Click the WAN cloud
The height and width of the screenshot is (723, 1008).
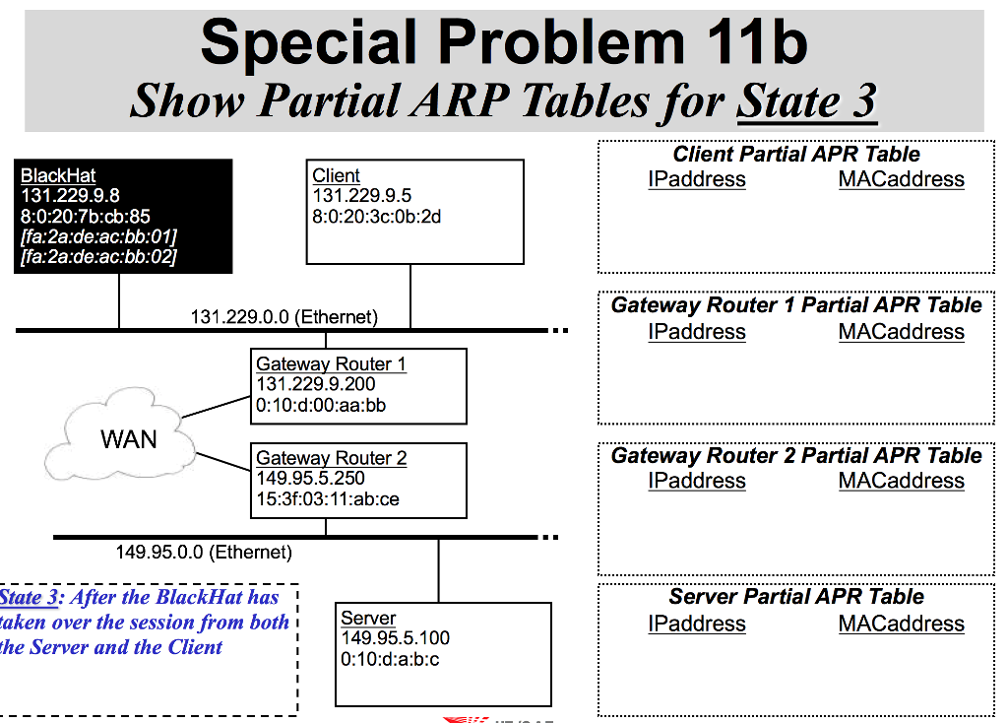pyautogui.click(x=128, y=438)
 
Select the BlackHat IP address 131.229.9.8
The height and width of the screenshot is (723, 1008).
pyautogui.click(x=70, y=196)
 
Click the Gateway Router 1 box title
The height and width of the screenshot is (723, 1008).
pyautogui.click(x=331, y=364)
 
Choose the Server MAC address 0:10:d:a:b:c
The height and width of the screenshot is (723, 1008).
pyautogui.click(x=390, y=659)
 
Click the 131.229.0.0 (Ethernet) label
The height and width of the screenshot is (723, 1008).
pyautogui.click(x=283, y=317)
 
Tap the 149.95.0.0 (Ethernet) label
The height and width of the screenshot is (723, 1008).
pyautogui.click(x=204, y=552)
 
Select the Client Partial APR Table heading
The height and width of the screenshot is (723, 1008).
pyautogui.click(x=795, y=155)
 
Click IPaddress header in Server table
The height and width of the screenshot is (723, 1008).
pyautogui.click(x=697, y=624)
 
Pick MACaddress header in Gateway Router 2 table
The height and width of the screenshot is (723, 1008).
pyautogui.click(x=901, y=481)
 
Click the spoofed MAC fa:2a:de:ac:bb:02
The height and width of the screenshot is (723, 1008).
pyautogui.click(x=98, y=257)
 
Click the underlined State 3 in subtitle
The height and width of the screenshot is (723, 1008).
pyautogui.click(x=806, y=101)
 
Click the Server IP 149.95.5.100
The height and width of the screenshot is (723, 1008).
pyautogui.click(x=395, y=638)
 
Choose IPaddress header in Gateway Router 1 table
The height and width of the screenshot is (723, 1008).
pyautogui.click(x=697, y=332)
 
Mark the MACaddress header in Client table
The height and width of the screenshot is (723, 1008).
pyautogui.click(x=901, y=179)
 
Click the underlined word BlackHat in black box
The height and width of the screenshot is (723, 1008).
pyautogui.click(x=58, y=175)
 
